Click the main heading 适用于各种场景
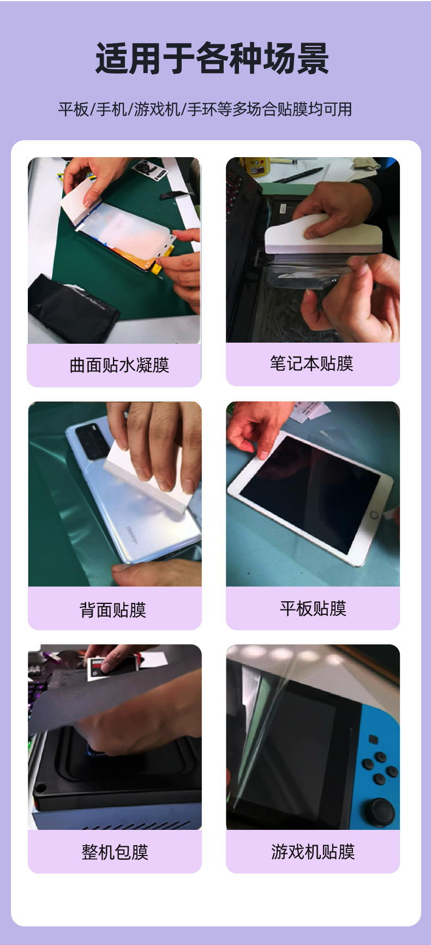point(212,59)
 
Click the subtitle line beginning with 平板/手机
point(205,109)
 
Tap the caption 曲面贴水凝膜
point(119,365)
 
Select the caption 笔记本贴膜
point(312,363)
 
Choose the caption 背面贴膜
point(113,609)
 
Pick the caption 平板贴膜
point(313,608)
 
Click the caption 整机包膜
point(115,852)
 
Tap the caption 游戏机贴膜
point(313,851)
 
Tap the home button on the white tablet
point(374,515)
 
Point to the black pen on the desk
point(298,175)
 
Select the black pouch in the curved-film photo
point(71,308)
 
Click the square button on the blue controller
point(373,739)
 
